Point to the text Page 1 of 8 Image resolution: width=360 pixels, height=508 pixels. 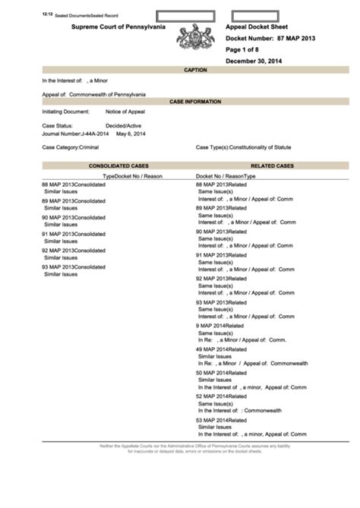point(245,49)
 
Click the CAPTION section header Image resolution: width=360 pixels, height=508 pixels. point(195,69)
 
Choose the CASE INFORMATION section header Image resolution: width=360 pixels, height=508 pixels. point(195,101)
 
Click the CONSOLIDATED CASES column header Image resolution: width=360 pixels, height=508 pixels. point(118,165)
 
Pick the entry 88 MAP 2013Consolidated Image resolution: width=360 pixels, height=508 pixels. point(74,185)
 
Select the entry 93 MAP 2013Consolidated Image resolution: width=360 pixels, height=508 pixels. point(74,267)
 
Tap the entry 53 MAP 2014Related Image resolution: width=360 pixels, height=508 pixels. point(222,420)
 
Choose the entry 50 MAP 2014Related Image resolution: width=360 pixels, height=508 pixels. point(222,373)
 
